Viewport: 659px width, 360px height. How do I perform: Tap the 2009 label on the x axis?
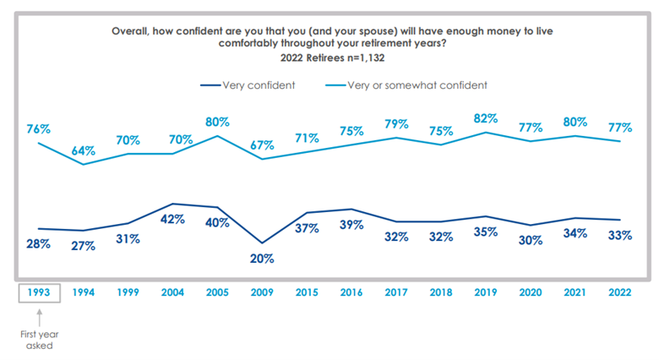point(261,293)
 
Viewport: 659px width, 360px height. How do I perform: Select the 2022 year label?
point(619,293)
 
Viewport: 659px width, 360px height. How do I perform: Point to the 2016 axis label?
point(351,293)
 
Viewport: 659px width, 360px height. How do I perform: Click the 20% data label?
point(262,258)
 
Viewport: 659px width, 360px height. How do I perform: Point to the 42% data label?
point(172,219)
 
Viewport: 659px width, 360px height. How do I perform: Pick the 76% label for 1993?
point(38,129)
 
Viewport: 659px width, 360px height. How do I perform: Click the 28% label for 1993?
point(38,243)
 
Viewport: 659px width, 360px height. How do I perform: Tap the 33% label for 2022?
point(619,235)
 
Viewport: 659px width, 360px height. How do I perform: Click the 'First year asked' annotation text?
point(39,340)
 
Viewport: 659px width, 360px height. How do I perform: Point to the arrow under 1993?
point(39,316)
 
